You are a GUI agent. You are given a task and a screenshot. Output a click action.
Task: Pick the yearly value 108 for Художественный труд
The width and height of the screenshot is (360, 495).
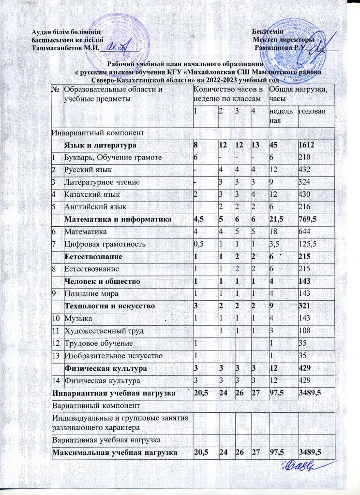pyautogui.click(x=304, y=332)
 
